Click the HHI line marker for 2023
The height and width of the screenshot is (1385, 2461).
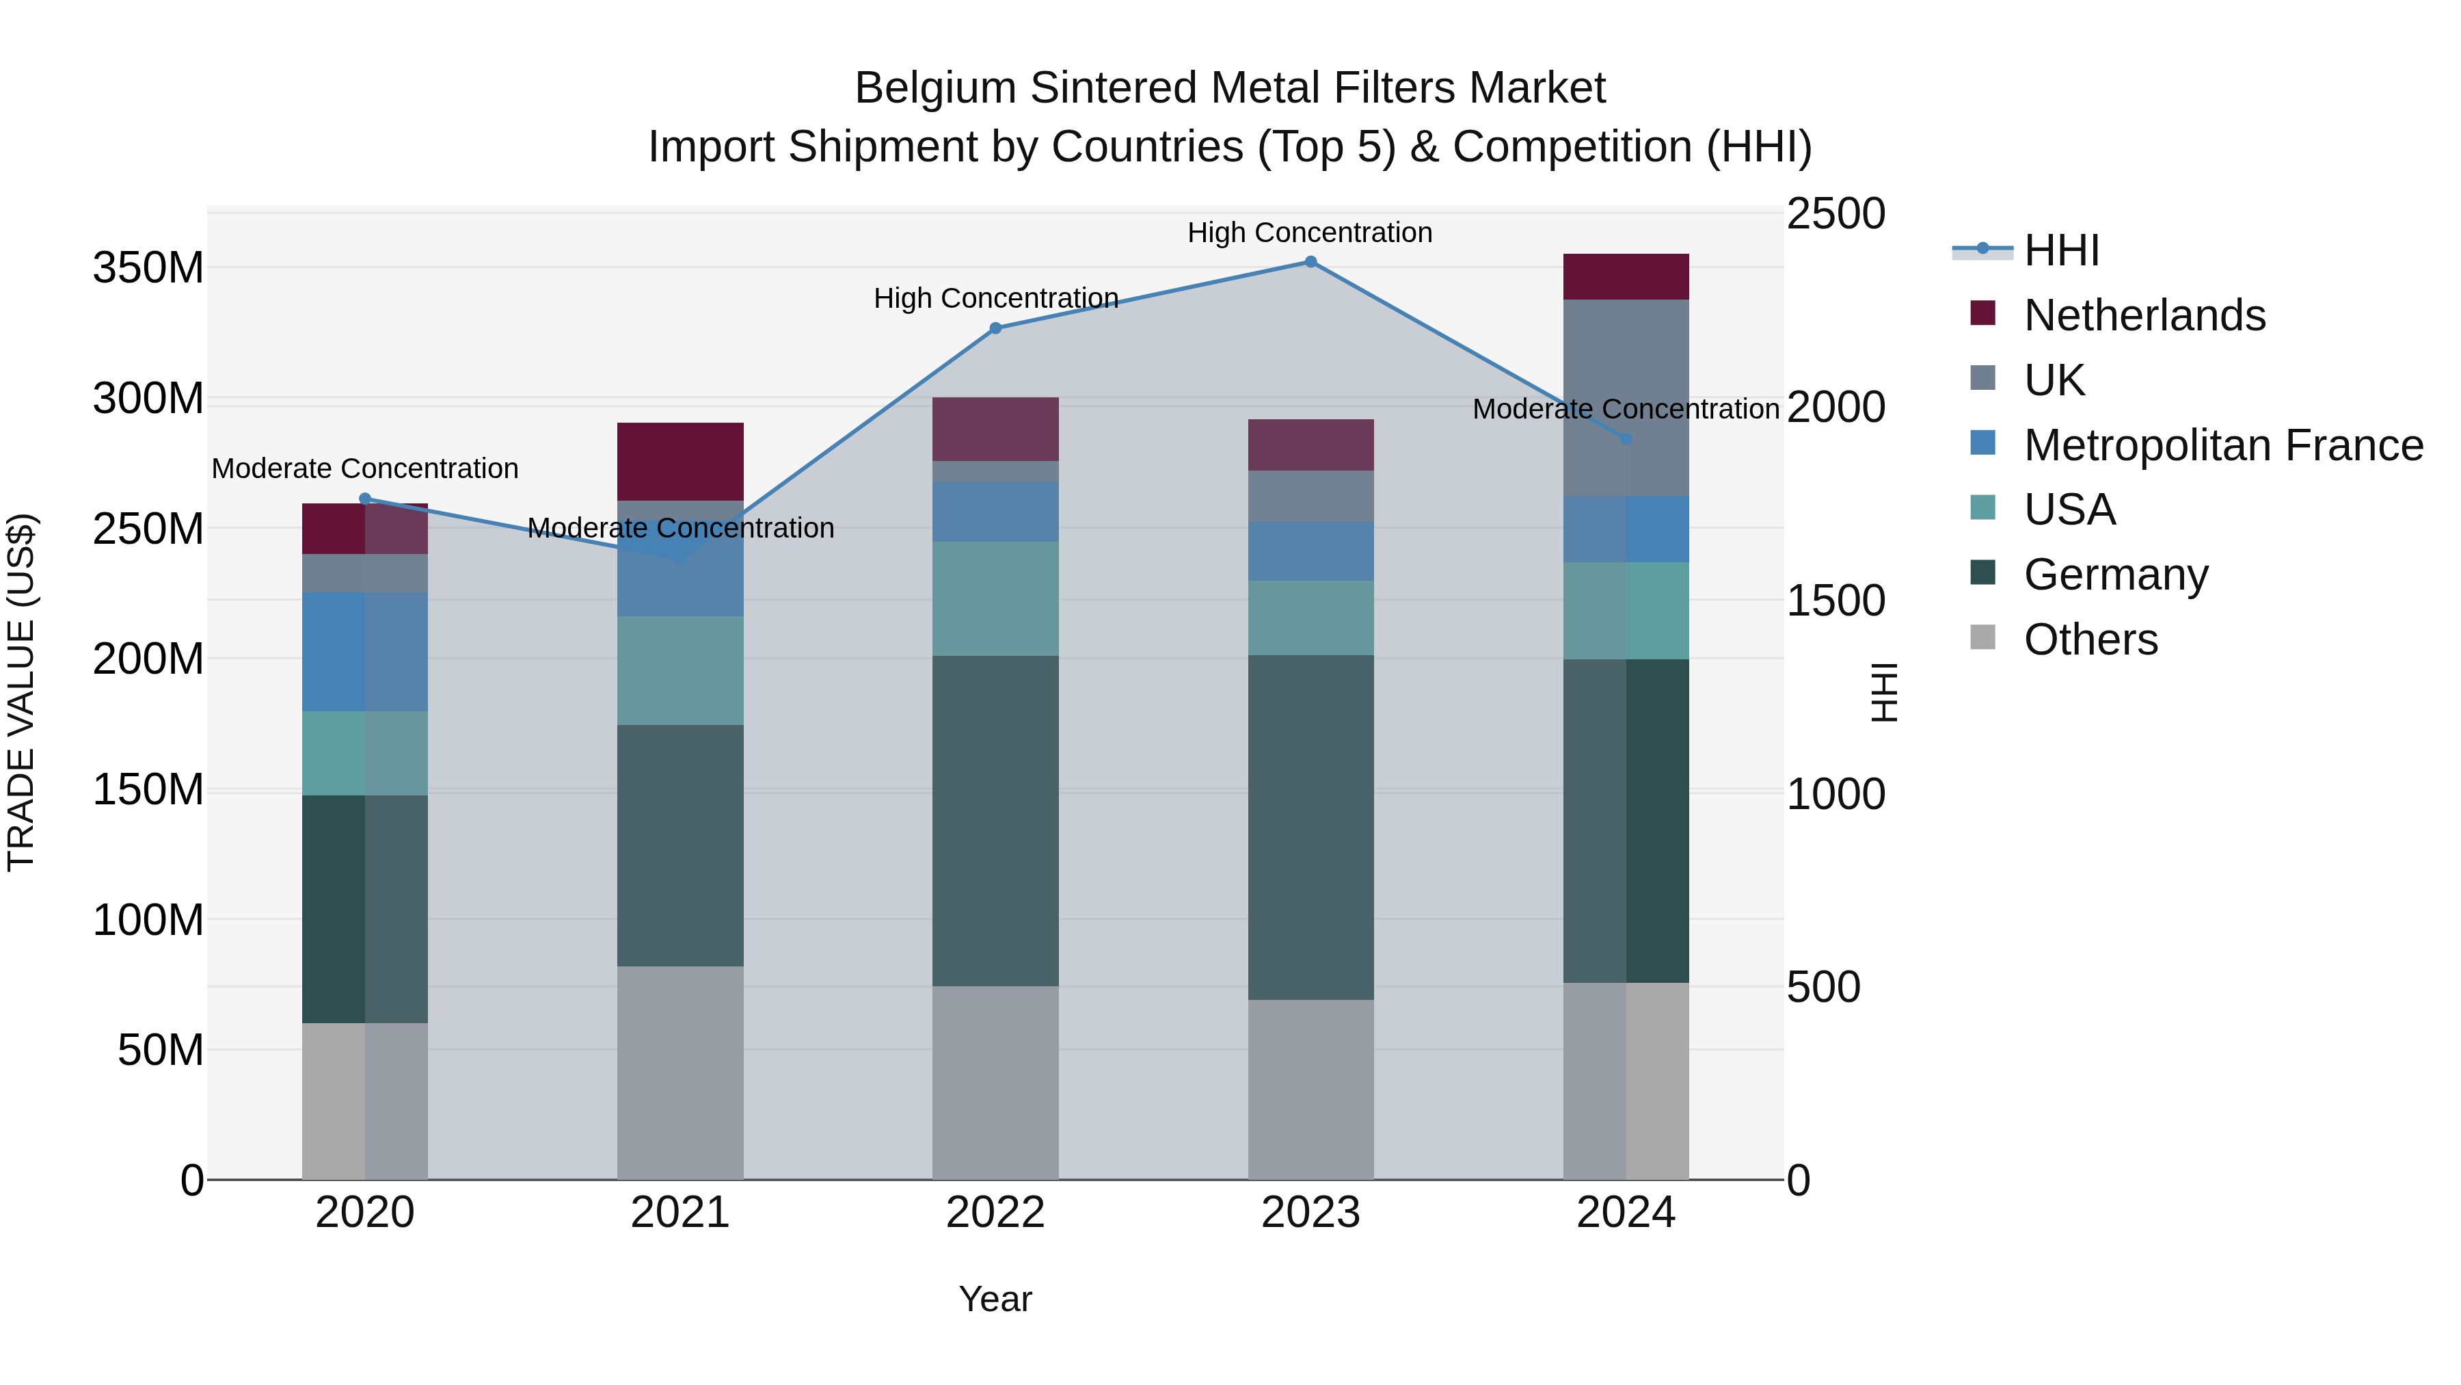tap(1310, 262)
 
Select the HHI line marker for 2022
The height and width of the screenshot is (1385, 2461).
tap(995, 328)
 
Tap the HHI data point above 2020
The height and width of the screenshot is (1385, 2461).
tap(365, 498)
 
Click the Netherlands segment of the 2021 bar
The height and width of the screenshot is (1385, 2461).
tap(680, 461)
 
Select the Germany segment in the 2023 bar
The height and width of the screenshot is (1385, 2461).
tap(1310, 827)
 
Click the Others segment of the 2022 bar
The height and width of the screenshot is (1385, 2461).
tap(995, 1082)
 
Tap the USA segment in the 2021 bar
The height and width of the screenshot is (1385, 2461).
tap(680, 670)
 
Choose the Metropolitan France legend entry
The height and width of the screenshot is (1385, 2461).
tap(2222, 445)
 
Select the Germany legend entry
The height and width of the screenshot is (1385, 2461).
tap(2115, 575)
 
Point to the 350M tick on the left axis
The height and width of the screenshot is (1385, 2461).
tap(148, 267)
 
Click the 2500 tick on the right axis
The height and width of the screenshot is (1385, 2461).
tap(1835, 214)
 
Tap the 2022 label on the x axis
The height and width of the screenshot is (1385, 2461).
tap(995, 1213)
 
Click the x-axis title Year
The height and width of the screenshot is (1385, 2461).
tap(995, 1299)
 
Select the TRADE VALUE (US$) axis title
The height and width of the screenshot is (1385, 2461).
tap(21, 692)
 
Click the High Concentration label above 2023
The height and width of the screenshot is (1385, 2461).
tap(1310, 233)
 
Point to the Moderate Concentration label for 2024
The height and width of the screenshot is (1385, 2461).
tap(1626, 409)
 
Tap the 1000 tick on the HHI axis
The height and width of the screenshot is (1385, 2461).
tap(1835, 794)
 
